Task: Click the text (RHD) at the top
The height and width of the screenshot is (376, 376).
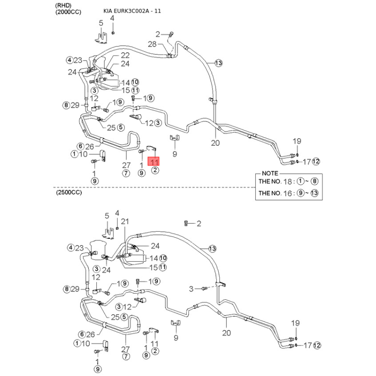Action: click(64, 5)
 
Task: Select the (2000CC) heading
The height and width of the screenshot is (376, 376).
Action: click(68, 12)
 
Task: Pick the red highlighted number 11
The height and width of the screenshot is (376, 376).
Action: click(155, 161)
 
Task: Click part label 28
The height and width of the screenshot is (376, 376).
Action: click(152, 44)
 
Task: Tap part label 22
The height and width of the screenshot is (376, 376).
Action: click(118, 55)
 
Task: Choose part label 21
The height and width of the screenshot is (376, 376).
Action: click(125, 222)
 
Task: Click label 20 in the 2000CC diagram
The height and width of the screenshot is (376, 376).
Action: click(215, 143)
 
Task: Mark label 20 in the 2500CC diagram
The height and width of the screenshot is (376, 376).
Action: click(227, 333)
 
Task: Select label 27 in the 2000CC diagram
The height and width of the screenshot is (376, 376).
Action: click(126, 165)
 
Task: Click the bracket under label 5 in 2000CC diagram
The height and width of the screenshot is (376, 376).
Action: click(102, 37)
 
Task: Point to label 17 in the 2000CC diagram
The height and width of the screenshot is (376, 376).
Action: click(306, 162)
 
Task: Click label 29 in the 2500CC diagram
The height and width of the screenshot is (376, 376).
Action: click(76, 289)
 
